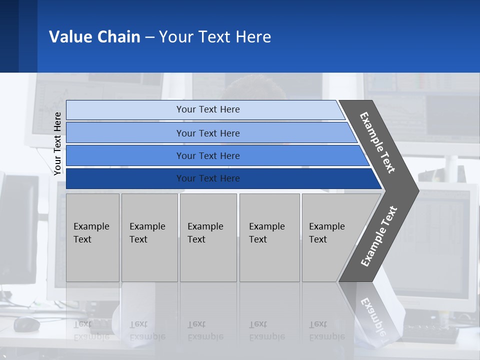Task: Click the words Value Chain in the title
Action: click(x=94, y=37)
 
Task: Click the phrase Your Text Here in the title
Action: click(x=215, y=37)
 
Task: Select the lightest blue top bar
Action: click(x=207, y=109)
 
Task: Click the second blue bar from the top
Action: click(x=207, y=133)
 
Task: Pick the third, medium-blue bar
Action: click(x=207, y=155)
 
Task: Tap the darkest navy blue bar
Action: click(x=207, y=178)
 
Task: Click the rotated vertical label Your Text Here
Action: click(x=57, y=143)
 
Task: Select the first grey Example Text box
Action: click(x=92, y=237)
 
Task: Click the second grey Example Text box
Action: click(x=149, y=237)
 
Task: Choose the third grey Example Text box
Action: click(x=208, y=237)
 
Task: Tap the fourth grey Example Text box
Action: click(x=269, y=237)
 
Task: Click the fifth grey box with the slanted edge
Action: click(x=330, y=237)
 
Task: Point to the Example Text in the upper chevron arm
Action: click(x=377, y=142)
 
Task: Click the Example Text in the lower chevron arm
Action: click(x=378, y=236)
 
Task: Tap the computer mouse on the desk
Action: click(x=26, y=324)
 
